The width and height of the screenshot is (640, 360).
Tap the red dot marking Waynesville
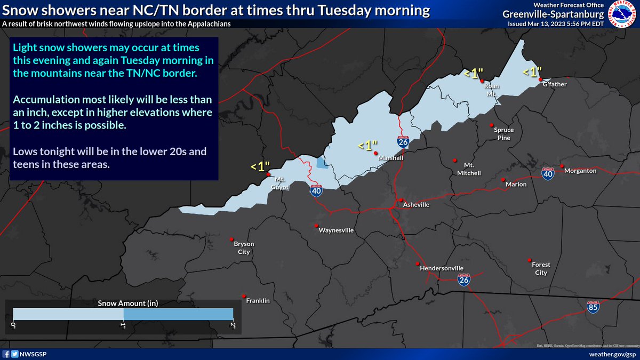click(316, 225)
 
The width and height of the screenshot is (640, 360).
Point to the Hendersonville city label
click(442, 268)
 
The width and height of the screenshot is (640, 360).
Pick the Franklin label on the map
click(258, 301)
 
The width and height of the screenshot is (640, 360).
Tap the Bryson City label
click(244, 247)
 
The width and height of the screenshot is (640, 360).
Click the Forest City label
click(541, 269)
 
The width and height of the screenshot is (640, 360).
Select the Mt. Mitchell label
click(469, 169)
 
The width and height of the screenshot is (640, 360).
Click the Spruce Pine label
click(502, 134)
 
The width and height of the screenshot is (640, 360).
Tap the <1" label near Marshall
click(367, 145)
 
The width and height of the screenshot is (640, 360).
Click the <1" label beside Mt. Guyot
click(260, 166)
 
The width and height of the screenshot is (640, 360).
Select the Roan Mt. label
click(491, 89)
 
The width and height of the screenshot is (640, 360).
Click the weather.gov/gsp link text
click(612, 354)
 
